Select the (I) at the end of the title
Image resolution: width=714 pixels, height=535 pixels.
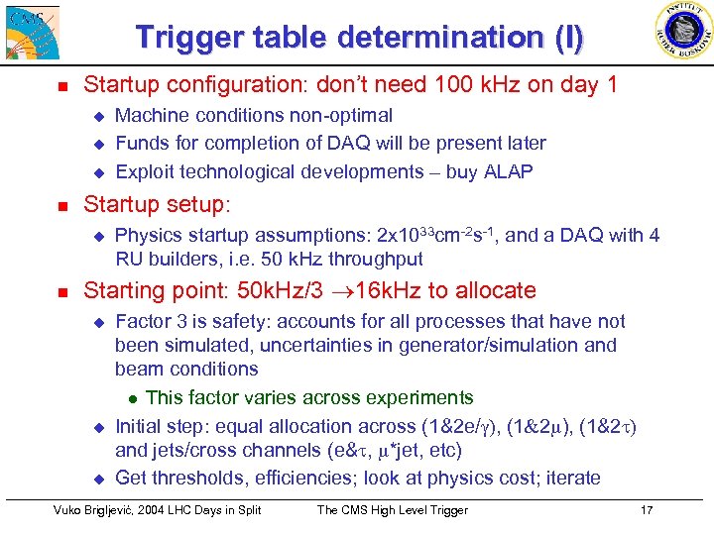click(569, 38)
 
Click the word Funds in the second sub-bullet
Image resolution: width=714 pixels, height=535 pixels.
click(142, 144)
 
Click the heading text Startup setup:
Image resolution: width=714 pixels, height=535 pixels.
click(157, 206)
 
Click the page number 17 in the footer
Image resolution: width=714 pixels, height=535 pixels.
click(647, 510)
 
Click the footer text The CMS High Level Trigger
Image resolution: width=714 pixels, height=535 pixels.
click(392, 510)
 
